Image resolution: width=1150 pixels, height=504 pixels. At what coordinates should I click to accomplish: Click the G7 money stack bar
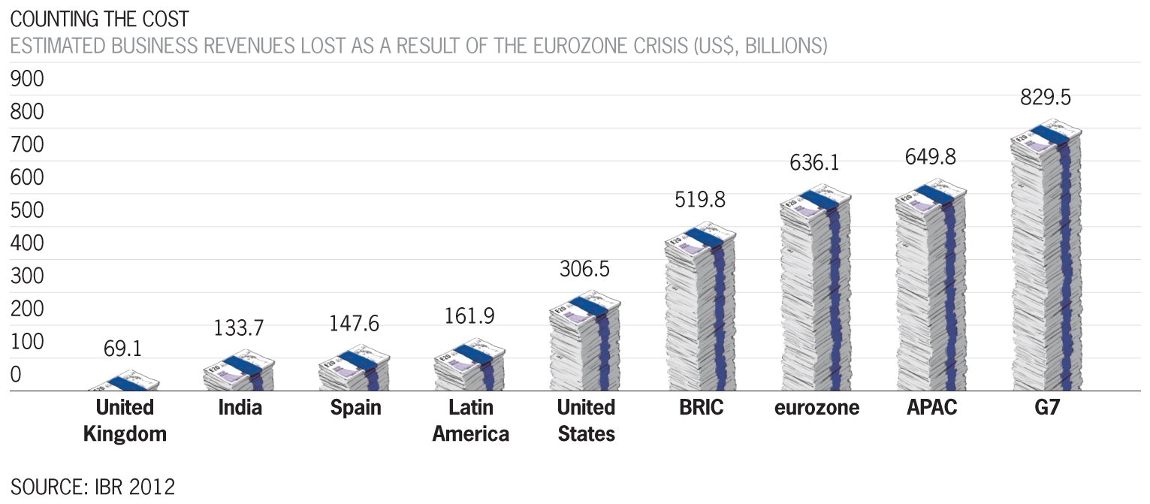click(x=1046, y=263)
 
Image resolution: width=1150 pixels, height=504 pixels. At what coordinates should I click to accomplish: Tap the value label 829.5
click(x=1045, y=98)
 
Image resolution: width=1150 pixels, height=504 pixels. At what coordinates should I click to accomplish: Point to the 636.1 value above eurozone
click(x=814, y=163)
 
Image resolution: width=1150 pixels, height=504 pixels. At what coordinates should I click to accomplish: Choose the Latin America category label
click(x=471, y=421)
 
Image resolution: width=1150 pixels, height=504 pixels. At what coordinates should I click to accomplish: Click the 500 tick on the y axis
click(x=27, y=211)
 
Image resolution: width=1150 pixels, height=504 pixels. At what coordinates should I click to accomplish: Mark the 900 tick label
click(x=27, y=80)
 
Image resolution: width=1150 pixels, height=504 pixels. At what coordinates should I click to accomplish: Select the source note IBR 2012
click(x=92, y=486)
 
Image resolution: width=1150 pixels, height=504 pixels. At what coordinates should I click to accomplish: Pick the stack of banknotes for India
click(x=239, y=374)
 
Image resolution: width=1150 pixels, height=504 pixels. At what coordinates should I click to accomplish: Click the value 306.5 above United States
click(x=584, y=270)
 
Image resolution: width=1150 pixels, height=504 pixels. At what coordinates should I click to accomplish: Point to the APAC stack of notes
click(x=931, y=289)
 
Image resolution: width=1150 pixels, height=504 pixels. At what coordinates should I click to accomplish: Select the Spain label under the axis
click(x=356, y=408)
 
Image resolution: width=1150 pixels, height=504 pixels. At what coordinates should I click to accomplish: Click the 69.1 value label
click(x=122, y=349)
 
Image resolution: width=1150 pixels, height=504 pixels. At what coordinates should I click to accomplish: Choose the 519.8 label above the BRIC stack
click(x=699, y=200)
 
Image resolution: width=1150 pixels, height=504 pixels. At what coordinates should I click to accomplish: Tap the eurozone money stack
click(x=815, y=293)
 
